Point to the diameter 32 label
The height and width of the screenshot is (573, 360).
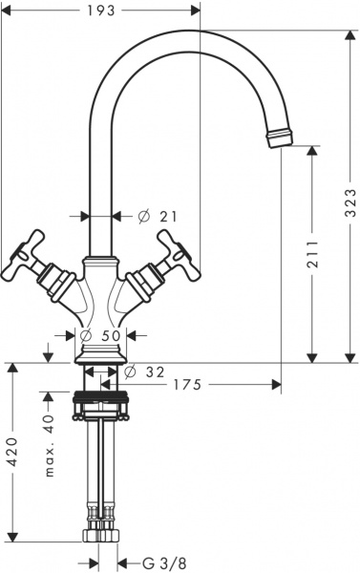click(x=148, y=371)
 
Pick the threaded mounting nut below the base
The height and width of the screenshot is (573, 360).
click(x=100, y=399)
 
